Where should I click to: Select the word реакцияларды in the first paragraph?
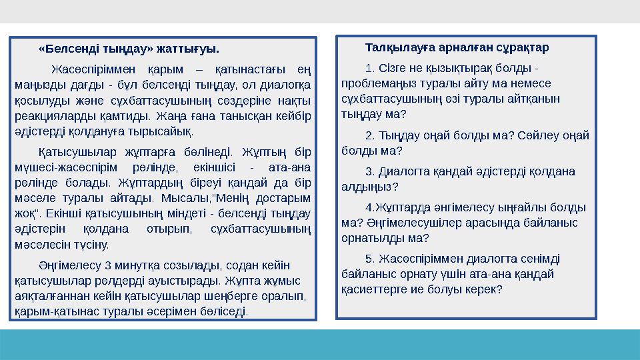(x=47, y=115)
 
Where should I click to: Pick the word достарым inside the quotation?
(x=284, y=198)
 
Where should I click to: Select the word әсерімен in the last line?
(x=191, y=311)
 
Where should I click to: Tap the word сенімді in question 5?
(x=541, y=259)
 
